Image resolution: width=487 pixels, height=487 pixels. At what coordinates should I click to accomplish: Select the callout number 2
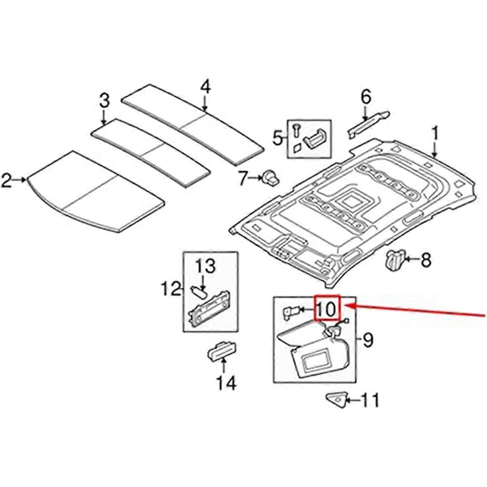point(7,180)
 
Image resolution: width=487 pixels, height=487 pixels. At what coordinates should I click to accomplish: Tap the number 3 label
point(104,100)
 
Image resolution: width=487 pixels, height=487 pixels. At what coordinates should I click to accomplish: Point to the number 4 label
point(206,87)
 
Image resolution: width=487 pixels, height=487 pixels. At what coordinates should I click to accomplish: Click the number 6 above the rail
point(366,97)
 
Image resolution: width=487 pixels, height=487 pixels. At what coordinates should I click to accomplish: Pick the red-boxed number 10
point(326,309)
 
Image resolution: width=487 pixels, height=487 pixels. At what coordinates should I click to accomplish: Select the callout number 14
point(225,383)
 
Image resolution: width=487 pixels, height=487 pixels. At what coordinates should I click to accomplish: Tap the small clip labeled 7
point(269,177)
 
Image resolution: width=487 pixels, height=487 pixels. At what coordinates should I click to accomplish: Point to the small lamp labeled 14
point(221,350)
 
